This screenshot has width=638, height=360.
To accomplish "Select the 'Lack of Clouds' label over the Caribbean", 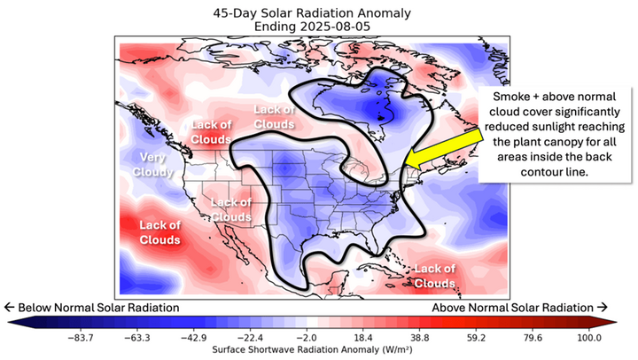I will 435,274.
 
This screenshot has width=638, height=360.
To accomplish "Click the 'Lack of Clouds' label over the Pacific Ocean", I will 159,232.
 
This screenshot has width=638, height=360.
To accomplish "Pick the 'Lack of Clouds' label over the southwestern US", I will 231,210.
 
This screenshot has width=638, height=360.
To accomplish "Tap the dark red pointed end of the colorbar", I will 621,323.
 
